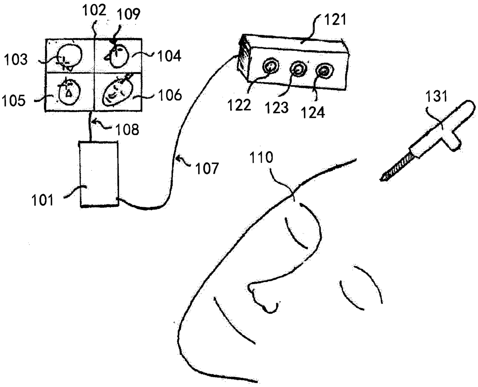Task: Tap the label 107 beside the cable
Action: [x=208, y=168]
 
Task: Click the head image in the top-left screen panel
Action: [x=69, y=56]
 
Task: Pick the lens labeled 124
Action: [x=323, y=71]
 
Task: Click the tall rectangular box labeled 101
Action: [x=98, y=174]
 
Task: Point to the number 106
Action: [x=170, y=95]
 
